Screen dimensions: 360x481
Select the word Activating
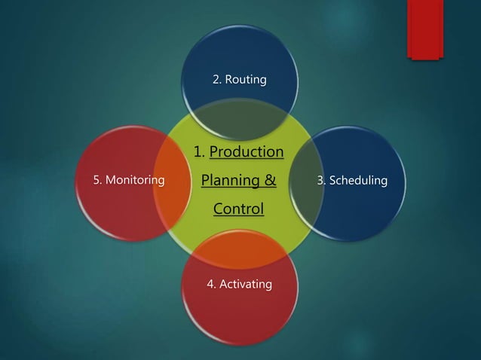pyautogui.click(x=247, y=285)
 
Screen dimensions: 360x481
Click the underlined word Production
pyautogui.click(x=246, y=152)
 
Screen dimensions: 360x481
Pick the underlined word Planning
pyautogui.click(x=227, y=181)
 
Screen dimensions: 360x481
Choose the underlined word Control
pyautogui.click(x=238, y=209)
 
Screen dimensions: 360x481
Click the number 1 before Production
pyautogui.click(x=198, y=152)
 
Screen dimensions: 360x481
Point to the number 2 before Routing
pyautogui.click(x=216, y=79)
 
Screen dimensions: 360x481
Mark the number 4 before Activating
pyautogui.click(x=211, y=285)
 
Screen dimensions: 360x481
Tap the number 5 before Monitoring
pyautogui.click(x=97, y=181)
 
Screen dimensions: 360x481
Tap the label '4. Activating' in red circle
pyautogui.click(x=240, y=285)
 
